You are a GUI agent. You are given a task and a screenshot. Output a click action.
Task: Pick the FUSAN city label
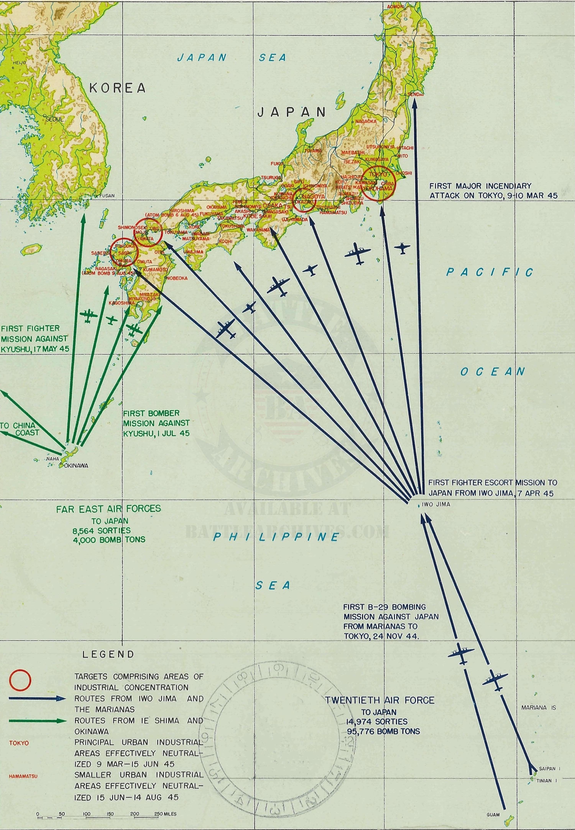pyautogui.click(x=107, y=196)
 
